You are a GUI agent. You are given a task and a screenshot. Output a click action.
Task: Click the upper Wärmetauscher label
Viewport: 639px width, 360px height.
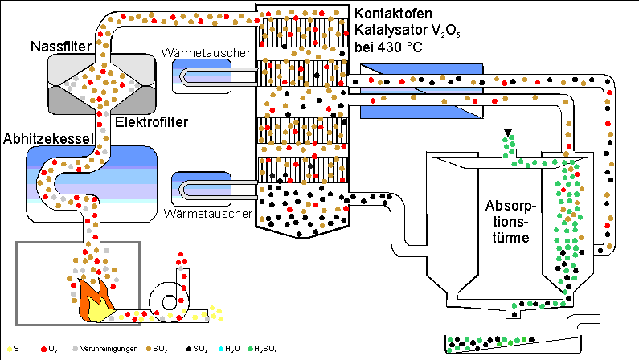207,53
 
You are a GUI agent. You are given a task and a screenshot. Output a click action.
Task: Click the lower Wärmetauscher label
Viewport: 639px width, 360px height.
207,215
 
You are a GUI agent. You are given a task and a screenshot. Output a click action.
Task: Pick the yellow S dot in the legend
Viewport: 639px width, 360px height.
6,350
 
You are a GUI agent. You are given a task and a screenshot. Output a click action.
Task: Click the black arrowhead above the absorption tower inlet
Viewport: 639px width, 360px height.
507,133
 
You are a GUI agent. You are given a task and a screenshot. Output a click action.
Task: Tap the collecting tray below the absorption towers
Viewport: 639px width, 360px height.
514,343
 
